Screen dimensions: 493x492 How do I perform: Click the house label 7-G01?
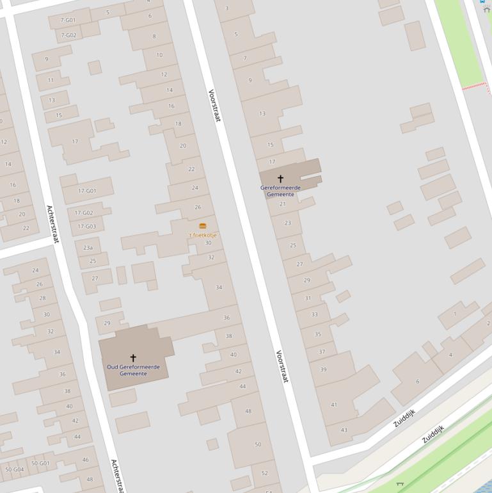68,20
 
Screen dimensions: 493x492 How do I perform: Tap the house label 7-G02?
68,35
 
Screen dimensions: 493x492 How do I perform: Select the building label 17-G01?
87,191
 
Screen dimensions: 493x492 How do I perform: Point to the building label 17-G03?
86,227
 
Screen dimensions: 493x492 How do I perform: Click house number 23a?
88,248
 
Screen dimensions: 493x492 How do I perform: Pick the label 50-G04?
14,469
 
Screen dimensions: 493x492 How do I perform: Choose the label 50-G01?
40,463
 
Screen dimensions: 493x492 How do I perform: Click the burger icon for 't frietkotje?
203,226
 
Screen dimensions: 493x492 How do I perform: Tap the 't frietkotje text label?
202,235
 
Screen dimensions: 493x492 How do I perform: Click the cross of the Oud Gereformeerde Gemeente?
133,358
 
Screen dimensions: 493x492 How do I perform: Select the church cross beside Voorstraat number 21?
280,179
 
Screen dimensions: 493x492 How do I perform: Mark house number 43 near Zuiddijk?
344,430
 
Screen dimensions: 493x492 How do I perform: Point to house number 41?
333,405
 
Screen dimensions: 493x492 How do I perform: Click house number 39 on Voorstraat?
323,369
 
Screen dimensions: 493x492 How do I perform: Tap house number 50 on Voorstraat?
258,444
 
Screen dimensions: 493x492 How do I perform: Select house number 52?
264,473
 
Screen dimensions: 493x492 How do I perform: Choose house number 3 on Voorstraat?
226,8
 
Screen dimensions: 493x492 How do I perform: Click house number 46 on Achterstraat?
85,460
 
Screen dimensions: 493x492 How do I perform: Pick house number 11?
51,80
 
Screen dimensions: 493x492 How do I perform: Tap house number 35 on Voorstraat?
317,334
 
